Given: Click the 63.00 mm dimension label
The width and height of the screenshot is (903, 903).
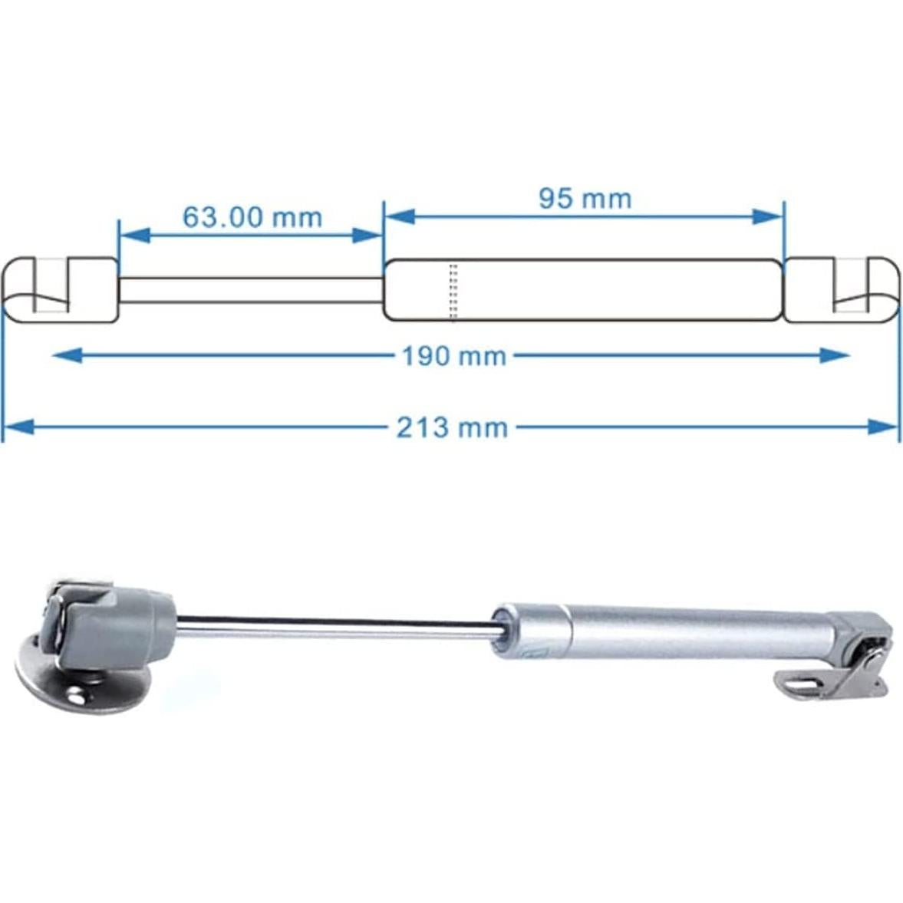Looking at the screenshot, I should click(x=252, y=217).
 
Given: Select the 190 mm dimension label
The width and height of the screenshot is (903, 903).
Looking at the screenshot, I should click(x=454, y=356).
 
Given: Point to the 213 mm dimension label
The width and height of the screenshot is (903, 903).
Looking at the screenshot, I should click(x=452, y=427).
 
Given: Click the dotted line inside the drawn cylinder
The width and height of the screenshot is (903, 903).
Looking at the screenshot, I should click(x=453, y=291).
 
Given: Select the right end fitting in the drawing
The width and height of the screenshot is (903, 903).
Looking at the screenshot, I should click(x=840, y=290).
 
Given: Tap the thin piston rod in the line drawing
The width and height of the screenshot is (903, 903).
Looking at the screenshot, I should click(x=250, y=290).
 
